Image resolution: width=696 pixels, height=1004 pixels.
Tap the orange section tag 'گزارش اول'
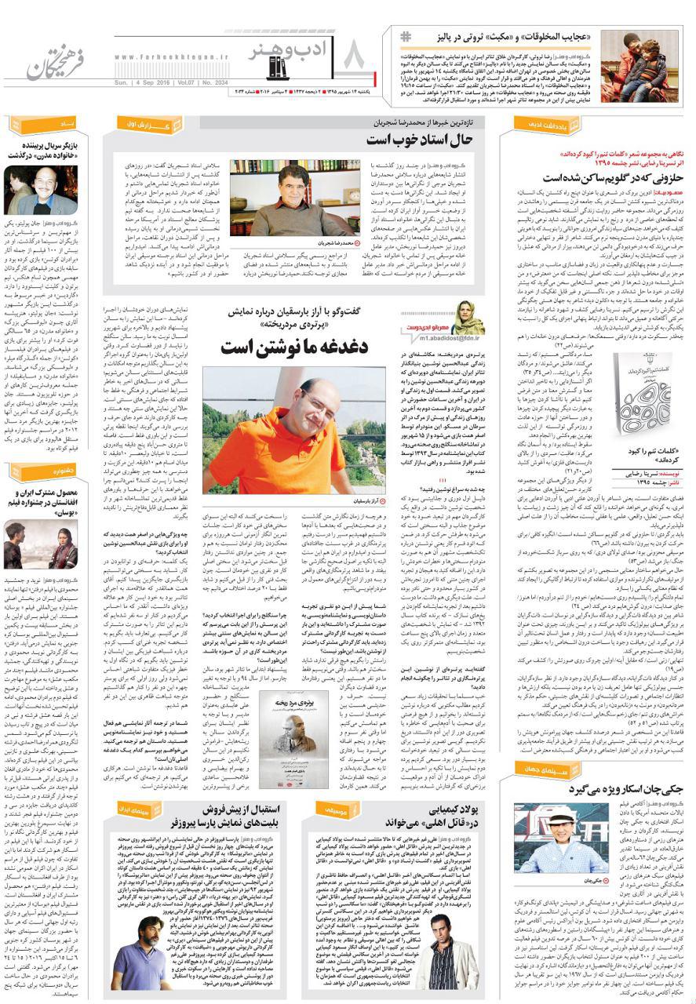click(x=151, y=124)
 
